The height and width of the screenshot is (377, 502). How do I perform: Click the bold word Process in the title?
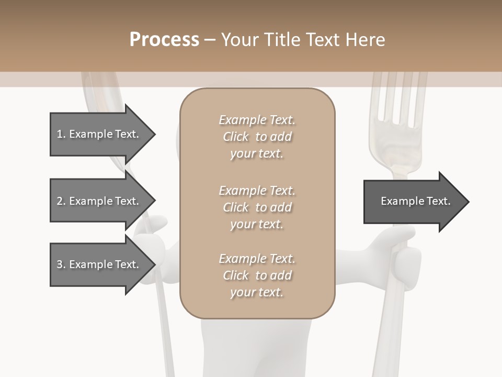point(164,40)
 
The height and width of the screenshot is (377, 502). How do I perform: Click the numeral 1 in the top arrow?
point(60,134)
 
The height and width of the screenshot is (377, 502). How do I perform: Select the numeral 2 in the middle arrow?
point(60,201)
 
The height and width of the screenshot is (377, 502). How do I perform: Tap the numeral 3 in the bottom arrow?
point(60,264)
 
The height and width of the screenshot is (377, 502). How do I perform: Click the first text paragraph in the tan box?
point(257,137)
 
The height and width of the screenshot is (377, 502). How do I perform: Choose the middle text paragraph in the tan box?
point(257,207)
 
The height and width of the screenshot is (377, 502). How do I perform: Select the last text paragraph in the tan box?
point(257,275)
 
